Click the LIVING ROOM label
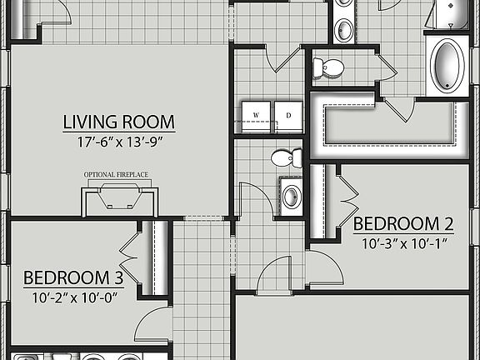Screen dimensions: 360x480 [x=118, y=122]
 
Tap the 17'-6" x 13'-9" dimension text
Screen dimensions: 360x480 [x=118, y=142]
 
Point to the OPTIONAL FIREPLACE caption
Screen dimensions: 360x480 [x=119, y=174]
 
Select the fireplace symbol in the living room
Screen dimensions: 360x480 [x=119, y=199]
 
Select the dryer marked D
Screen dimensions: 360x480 [x=287, y=116]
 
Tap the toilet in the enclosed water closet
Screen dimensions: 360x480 [x=327, y=67]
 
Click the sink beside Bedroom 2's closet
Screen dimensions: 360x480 [x=291, y=197]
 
